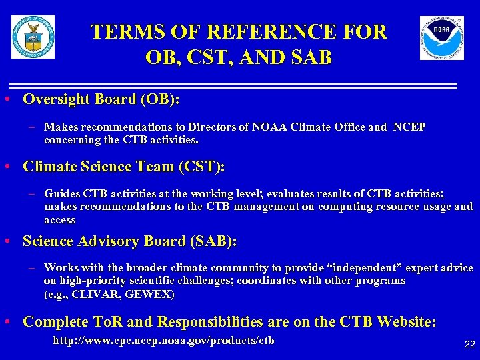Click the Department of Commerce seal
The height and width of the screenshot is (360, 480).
(x=33, y=37)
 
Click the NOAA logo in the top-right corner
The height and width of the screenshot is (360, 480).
(x=441, y=38)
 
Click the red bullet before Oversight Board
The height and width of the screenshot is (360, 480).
(x=6, y=99)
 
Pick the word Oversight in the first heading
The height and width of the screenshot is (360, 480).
(x=56, y=99)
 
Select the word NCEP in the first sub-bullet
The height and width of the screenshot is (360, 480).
(x=409, y=127)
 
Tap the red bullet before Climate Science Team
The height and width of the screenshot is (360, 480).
(x=6, y=166)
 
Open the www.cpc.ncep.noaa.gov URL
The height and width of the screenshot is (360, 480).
(x=163, y=341)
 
